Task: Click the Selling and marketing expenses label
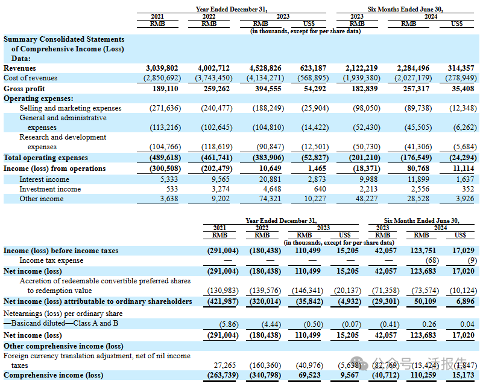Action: (70, 108)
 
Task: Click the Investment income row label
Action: (50, 188)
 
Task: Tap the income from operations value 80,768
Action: (415, 169)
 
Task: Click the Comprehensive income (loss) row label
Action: (53, 375)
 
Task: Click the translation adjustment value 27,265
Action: (227, 365)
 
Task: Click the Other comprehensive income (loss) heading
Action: (63, 346)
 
